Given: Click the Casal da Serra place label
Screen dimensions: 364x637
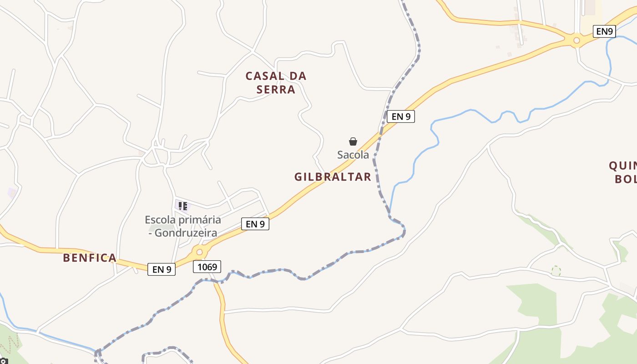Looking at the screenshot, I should [276, 82].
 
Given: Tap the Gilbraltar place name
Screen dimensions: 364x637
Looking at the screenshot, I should [333, 177].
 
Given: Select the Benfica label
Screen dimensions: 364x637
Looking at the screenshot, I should [90, 258].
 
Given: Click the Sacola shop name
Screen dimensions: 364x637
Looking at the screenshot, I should [353, 155].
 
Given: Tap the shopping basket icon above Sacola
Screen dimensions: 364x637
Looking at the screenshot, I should [353, 142].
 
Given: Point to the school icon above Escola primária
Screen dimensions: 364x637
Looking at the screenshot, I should [182, 206].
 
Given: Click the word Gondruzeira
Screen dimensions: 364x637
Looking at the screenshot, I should [186, 233].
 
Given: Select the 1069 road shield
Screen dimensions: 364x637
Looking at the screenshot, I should [207, 267].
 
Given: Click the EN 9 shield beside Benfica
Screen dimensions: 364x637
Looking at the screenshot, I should [162, 269].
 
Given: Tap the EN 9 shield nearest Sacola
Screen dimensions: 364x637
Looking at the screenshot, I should [401, 116].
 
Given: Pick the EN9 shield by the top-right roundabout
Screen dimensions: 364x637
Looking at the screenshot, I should [605, 31].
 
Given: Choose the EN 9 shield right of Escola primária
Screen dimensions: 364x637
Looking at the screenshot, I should [255, 224].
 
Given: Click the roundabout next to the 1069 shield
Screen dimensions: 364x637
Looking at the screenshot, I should [199, 252].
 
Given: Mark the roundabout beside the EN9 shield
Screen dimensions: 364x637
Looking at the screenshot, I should [576, 40].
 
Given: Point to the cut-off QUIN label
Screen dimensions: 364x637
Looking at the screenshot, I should [623, 165].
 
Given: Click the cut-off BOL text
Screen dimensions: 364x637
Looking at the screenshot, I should [626, 179].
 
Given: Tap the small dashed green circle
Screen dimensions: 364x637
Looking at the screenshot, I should [556, 271].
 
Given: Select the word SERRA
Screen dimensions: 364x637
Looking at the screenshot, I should [276, 89].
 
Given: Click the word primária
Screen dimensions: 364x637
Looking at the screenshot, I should [198, 220].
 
